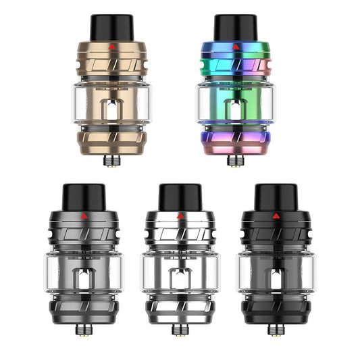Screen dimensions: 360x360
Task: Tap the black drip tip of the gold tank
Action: pos(113,26)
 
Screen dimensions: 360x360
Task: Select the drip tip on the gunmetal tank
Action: pos(82,195)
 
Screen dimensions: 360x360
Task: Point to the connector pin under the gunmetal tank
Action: pos(82,330)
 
